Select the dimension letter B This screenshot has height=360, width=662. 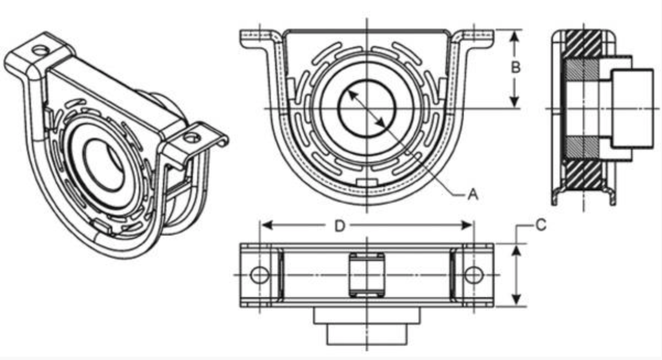(x=516, y=67)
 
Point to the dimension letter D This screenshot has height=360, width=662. (x=340, y=226)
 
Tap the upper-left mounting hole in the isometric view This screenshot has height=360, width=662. (x=40, y=51)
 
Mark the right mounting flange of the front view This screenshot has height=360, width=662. (x=476, y=37)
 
